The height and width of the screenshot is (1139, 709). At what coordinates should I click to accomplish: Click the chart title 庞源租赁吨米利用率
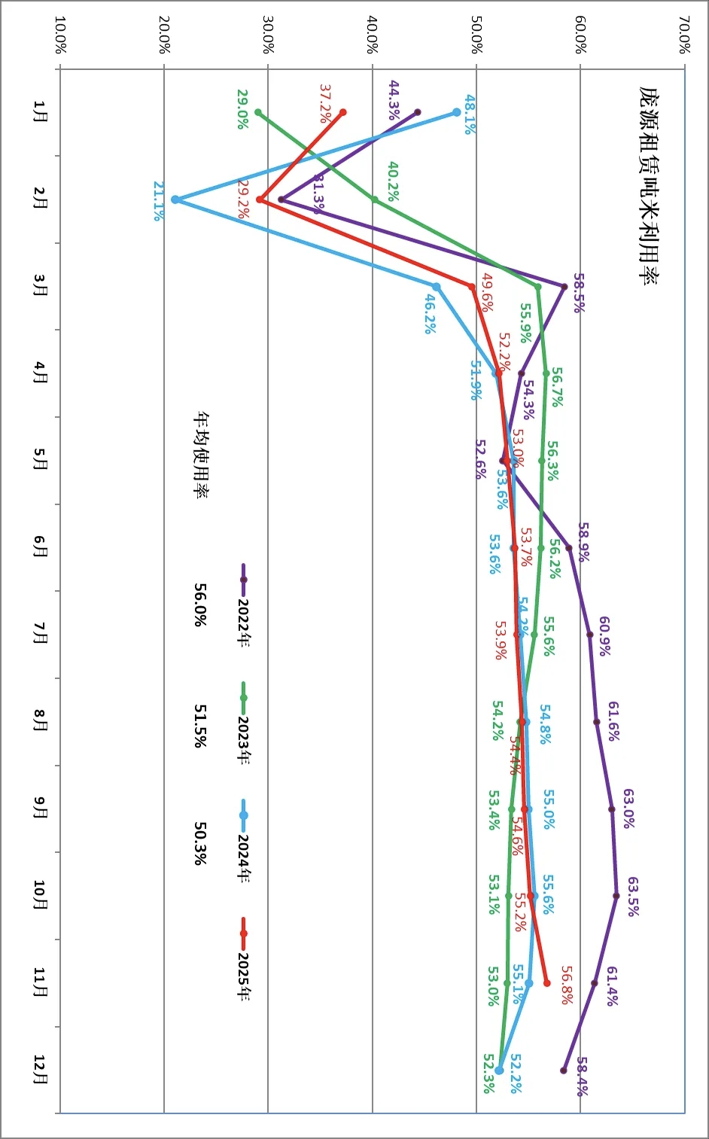tap(647, 185)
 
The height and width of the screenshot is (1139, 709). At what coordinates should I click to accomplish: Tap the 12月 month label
tap(40, 1070)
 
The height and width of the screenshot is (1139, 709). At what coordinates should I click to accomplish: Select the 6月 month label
tap(40, 547)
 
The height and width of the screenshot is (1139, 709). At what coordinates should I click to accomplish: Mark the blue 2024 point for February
tap(175, 199)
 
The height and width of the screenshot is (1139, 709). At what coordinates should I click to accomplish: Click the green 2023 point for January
tap(258, 112)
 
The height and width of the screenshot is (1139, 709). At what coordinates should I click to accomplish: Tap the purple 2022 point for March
tap(564, 286)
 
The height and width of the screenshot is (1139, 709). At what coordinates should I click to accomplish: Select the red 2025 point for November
tap(546, 983)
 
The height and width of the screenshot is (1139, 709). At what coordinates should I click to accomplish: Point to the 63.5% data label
tap(633, 896)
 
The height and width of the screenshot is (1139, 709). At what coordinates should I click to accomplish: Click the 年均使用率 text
tap(201, 455)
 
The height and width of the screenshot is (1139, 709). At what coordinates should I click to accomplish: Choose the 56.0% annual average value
tap(200, 605)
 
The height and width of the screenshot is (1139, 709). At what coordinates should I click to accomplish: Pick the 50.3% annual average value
tap(200, 843)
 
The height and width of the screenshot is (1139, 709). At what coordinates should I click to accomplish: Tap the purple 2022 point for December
tap(564, 1070)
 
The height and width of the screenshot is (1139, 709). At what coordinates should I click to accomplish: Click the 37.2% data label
tap(325, 103)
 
